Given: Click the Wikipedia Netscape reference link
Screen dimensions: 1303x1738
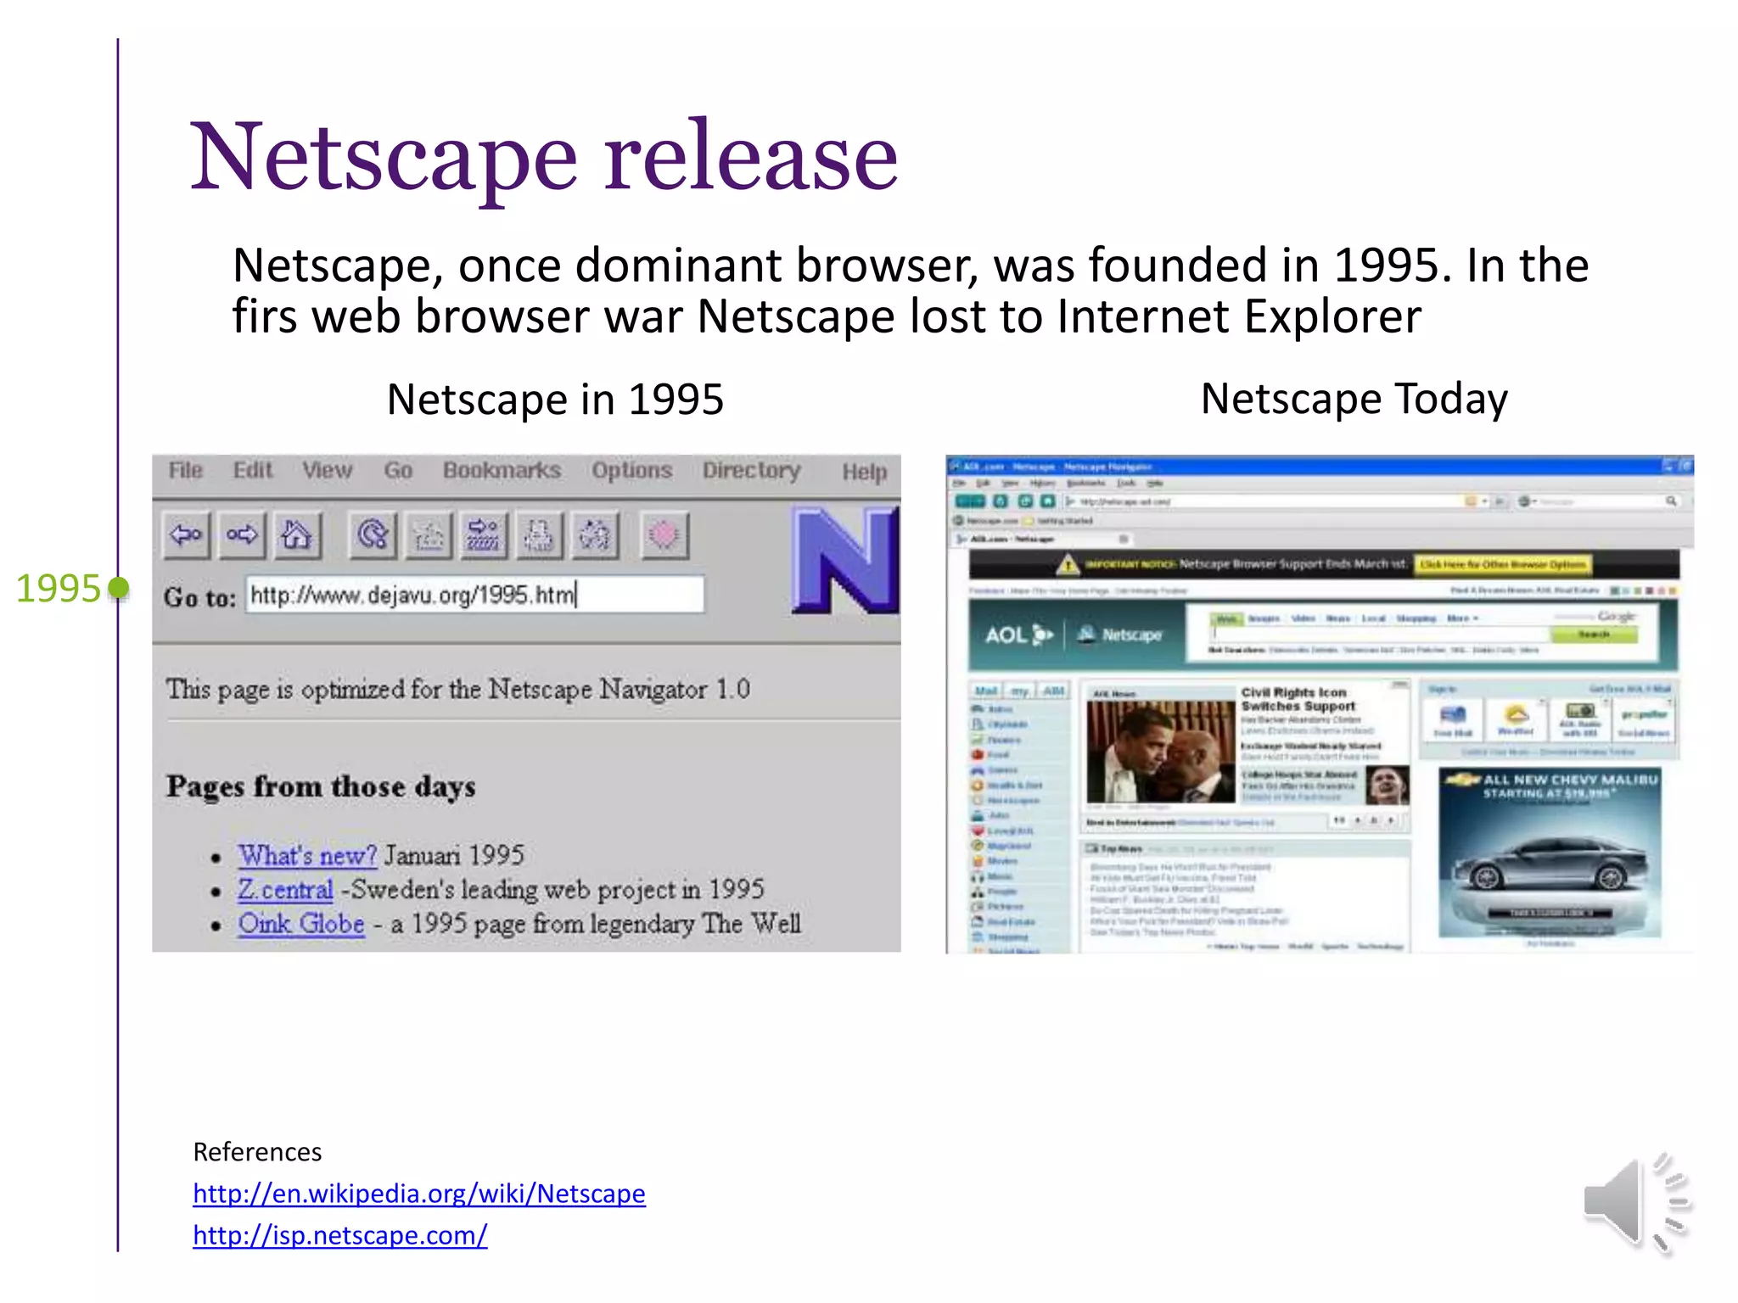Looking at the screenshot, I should coord(418,1194).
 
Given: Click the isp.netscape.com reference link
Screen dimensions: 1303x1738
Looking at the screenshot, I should coord(339,1235).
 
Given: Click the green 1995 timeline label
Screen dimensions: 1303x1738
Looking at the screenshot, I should coord(59,588).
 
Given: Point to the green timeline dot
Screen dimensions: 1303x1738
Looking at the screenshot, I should coord(120,587).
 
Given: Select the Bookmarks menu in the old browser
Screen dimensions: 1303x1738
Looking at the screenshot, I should coord(502,470).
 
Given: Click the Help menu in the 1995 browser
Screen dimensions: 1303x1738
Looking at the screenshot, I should coord(864,472).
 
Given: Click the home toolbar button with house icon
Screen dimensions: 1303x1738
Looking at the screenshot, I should coord(296,535).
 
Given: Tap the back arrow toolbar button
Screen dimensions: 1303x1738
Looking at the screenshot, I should coord(186,535).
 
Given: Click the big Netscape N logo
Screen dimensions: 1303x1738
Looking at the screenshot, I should coord(844,560).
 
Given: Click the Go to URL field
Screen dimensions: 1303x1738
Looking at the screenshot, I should coord(474,595).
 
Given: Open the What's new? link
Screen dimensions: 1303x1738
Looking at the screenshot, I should coord(307,855).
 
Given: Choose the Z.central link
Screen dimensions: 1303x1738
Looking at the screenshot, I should coord(285,889).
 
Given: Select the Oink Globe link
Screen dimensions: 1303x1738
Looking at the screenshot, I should coord(301,923).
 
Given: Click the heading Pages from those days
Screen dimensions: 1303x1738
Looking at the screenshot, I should coord(321,786).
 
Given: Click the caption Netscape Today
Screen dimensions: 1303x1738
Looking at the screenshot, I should coord(1354,399).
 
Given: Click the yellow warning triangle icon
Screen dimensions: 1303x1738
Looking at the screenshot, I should coord(1068,564).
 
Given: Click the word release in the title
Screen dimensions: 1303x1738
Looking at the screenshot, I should coord(751,158).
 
